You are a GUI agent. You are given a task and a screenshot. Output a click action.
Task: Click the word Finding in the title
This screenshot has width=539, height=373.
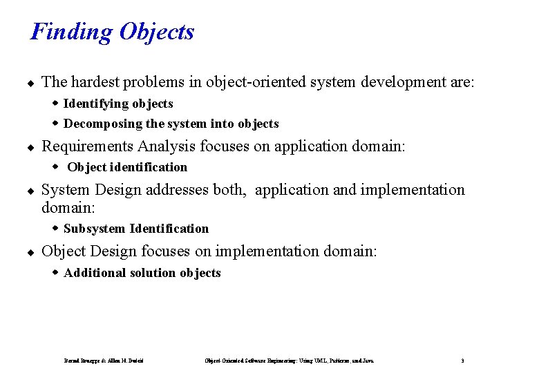(72, 32)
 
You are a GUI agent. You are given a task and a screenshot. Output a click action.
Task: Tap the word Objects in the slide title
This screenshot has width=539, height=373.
(156, 32)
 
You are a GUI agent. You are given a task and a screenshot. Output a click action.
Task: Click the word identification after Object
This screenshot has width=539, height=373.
(149, 167)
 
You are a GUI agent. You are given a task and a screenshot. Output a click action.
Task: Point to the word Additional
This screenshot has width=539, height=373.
(95, 273)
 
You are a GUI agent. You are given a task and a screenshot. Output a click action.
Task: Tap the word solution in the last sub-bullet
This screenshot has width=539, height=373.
(153, 273)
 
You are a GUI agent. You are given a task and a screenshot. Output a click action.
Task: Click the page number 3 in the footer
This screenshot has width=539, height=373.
(462, 361)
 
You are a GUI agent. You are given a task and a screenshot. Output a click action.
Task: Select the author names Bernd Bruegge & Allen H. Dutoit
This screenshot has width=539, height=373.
(104, 361)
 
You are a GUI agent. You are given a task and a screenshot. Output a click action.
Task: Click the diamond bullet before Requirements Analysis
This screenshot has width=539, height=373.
(31, 147)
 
